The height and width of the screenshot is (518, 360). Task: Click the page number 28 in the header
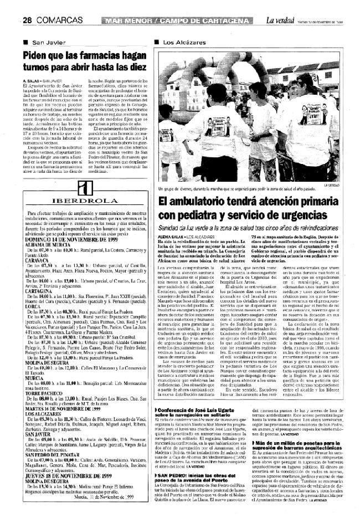pos(27,21)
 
